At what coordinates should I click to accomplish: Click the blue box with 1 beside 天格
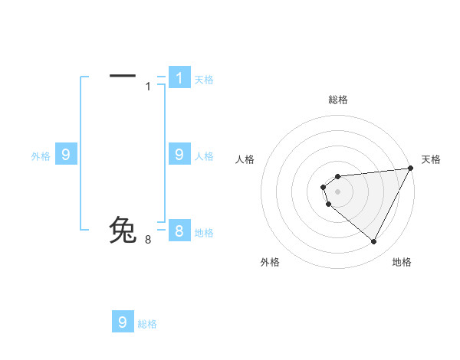click(179, 77)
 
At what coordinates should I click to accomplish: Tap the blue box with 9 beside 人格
click(179, 154)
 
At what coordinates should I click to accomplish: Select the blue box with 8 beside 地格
click(179, 231)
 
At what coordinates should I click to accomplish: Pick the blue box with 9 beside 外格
click(66, 154)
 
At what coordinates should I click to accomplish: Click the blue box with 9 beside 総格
click(123, 322)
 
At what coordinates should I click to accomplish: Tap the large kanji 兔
click(123, 231)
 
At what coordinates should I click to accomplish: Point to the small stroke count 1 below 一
click(149, 87)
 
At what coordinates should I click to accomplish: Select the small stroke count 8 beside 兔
click(148, 240)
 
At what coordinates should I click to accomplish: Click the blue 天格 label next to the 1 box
click(204, 79)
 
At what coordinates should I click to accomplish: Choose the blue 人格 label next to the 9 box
click(204, 156)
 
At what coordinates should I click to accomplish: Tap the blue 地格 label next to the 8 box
click(204, 233)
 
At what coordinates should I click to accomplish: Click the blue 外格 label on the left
click(41, 156)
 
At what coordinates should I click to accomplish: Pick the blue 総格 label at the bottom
click(147, 324)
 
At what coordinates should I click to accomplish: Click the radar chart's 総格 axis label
click(338, 100)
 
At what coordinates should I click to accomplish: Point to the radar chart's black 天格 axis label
click(432, 159)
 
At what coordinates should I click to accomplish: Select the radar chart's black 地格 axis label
click(402, 262)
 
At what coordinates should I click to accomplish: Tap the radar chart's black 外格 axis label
click(270, 262)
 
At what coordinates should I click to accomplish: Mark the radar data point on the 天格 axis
click(409, 169)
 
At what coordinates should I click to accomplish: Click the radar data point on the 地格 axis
click(373, 242)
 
